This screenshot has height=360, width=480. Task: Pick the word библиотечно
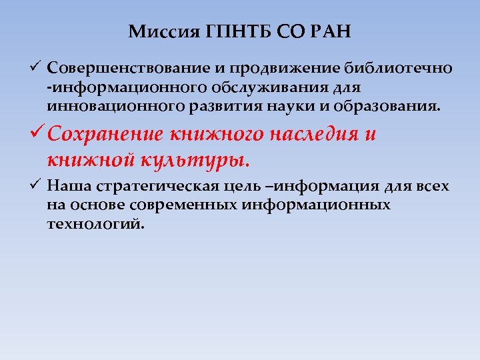tap(400, 68)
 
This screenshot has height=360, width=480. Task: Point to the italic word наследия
tap(309, 136)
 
